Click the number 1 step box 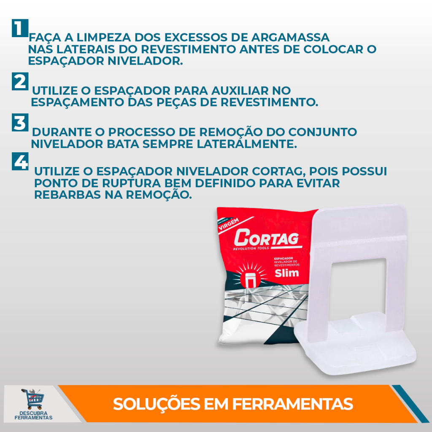pyautogui.click(x=20, y=28)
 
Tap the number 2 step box pyautogui.click(x=20, y=81)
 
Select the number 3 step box pyautogui.click(x=20, y=123)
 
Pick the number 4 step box pyautogui.click(x=20, y=162)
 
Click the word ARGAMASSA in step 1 pyautogui.click(x=290, y=38)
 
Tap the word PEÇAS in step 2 pyautogui.click(x=176, y=103)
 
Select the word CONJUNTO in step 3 pyautogui.click(x=322, y=132)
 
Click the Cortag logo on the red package pyautogui.click(x=266, y=239)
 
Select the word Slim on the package pyautogui.click(x=286, y=273)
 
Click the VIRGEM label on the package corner pyautogui.click(x=228, y=224)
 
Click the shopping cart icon pyautogui.click(x=33, y=399)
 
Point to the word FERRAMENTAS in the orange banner pyautogui.click(x=292, y=404)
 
